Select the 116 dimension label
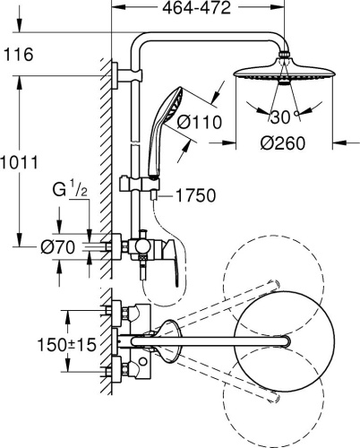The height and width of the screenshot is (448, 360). pos(18,56)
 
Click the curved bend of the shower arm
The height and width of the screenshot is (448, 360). pos(148,41)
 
